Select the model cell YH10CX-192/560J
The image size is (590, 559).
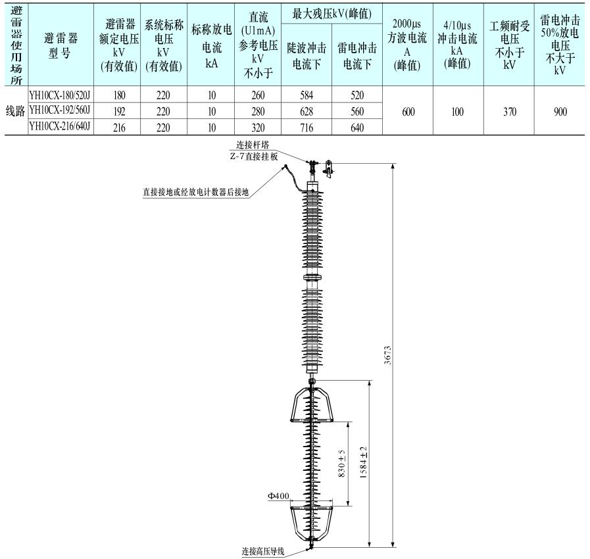[60, 110]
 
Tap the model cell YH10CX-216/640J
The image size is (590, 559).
[60, 126]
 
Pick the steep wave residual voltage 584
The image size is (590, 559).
[307, 95]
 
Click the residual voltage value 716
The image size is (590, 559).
[307, 128]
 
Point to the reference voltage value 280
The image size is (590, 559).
[258, 112]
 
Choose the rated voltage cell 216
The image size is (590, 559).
[119, 128]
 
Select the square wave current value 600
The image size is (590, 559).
[408, 112]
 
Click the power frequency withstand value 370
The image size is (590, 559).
[510, 112]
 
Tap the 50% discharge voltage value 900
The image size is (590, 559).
[560, 112]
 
